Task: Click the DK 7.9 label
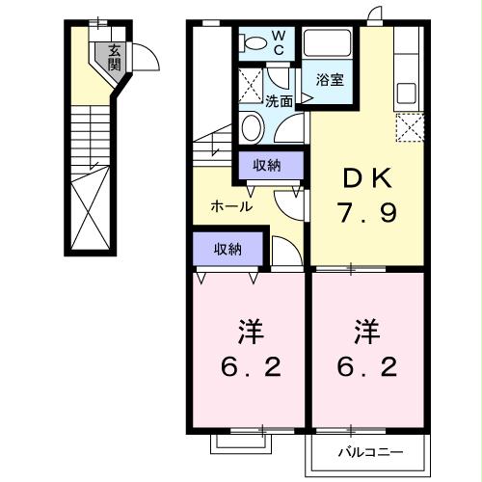point(367,194)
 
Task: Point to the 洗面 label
point(280,99)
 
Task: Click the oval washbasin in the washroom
point(253,127)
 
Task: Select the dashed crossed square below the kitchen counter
point(410,127)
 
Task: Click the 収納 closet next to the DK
point(267,166)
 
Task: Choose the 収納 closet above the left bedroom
point(228,249)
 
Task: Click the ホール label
point(231,205)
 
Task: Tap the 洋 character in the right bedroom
point(364,334)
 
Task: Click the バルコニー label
point(369,451)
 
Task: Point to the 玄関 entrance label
point(114,58)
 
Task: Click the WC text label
point(278,42)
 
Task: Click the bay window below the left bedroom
point(240,442)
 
